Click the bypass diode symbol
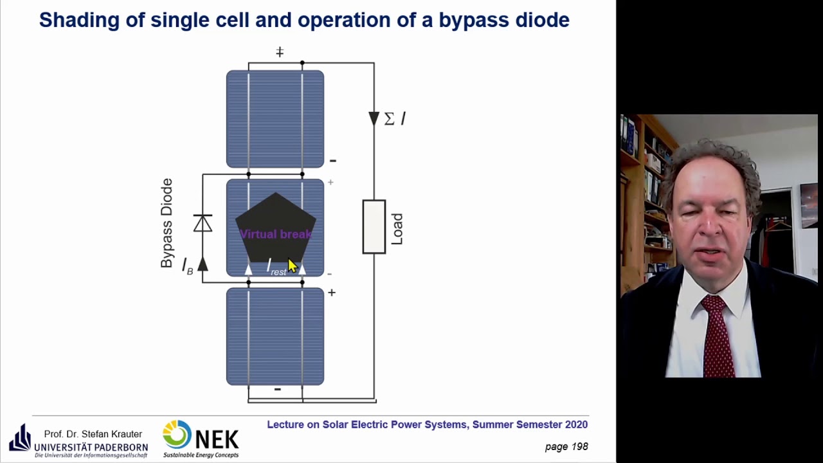click(203, 223)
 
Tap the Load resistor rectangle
click(374, 226)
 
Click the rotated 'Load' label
click(397, 228)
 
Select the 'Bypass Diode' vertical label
click(167, 223)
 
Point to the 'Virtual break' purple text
click(275, 234)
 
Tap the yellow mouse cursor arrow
click(293, 266)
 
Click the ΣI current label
click(395, 119)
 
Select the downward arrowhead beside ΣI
click(374, 118)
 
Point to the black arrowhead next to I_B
click(203, 264)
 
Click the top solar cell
click(275, 119)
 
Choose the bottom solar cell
click(275, 336)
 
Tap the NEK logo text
click(216, 440)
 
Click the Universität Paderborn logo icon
click(19, 438)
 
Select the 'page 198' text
click(566, 446)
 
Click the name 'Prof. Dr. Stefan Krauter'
click(93, 434)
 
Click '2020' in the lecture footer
click(575, 424)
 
